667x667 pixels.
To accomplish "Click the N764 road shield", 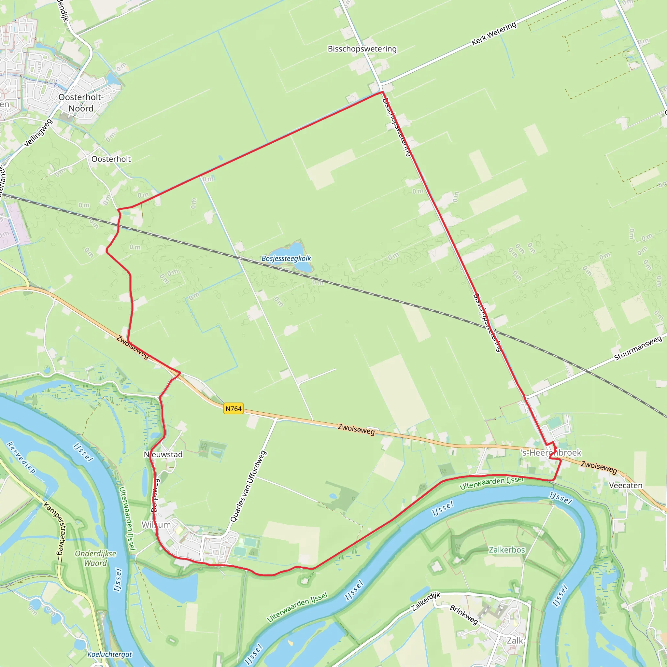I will click(234, 409).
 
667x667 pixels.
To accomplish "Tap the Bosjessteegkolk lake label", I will click(286, 258).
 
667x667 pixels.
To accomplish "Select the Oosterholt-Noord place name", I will click(81, 103).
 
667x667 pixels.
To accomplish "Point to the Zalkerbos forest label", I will click(507, 550).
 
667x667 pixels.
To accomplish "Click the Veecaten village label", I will click(626, 485).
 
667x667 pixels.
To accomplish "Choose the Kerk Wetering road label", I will click(494, 34).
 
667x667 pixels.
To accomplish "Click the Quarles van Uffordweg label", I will click(248, 487).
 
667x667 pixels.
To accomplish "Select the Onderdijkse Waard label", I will click(96, 558).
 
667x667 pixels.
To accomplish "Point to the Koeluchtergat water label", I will click(110, 654).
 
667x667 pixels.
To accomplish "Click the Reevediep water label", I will click(21, 458).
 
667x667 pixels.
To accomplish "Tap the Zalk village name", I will click(515, 640).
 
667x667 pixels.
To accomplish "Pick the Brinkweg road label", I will click(464, 615).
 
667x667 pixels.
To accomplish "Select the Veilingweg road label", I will click(38, 133).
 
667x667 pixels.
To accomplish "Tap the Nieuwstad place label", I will click(163, 454).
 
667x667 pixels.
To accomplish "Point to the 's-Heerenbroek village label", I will click(551, 453).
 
